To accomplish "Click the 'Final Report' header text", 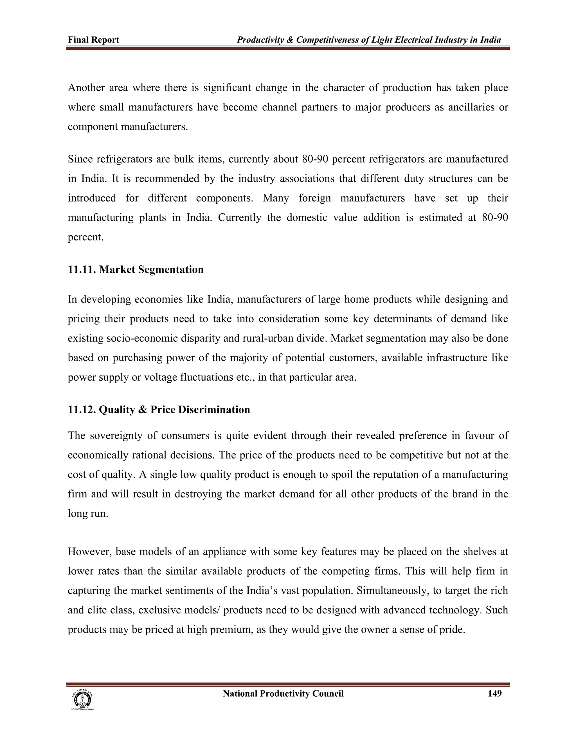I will (x=93, y=40).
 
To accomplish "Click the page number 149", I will (x=494, y=694).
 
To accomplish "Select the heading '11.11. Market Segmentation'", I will (x=136, y=270).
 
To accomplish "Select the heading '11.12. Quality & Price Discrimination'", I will (x=159, y=409).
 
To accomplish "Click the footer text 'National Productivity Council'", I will (x=283, y=694).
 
